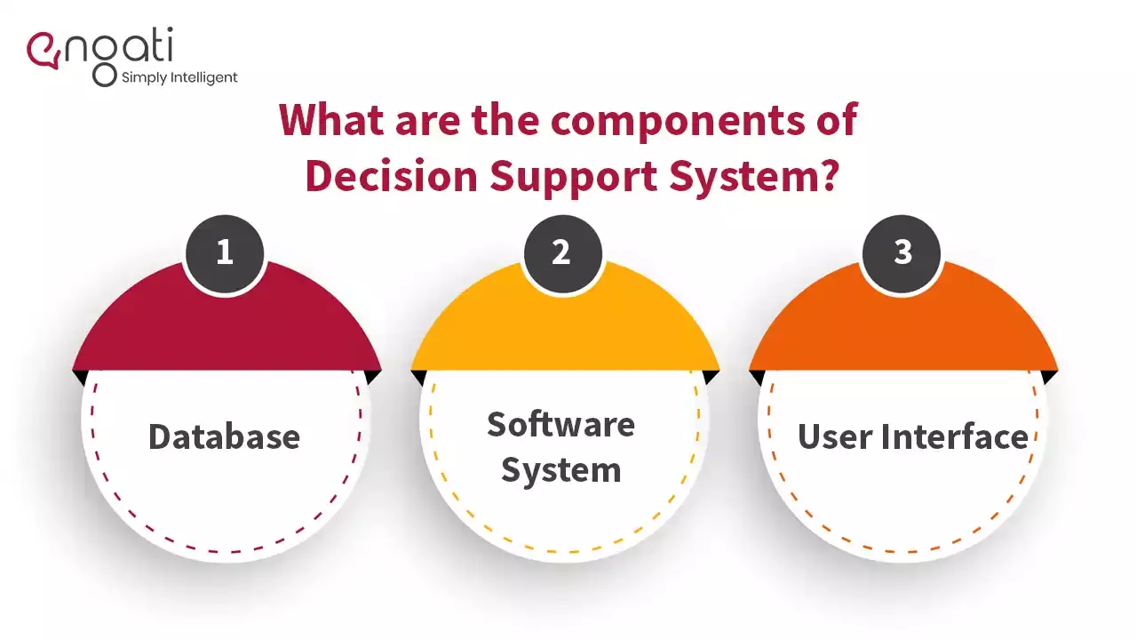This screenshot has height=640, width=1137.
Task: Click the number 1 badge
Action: point(225,252)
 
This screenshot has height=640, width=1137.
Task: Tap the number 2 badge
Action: point(561,252)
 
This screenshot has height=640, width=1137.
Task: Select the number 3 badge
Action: point(902,252)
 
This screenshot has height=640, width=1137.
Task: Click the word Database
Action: point(224,436)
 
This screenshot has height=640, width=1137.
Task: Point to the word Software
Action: point(561,424)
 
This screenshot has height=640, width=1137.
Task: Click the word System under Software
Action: point(561,469)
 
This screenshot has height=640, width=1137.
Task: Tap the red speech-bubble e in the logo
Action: point(44,50)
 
